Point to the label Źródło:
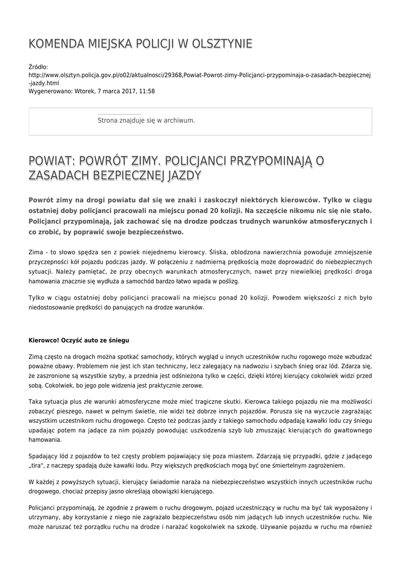38,67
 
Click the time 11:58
147,91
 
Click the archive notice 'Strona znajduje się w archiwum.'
146,120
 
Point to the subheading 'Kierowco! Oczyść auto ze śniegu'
79,339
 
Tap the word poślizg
228,281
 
